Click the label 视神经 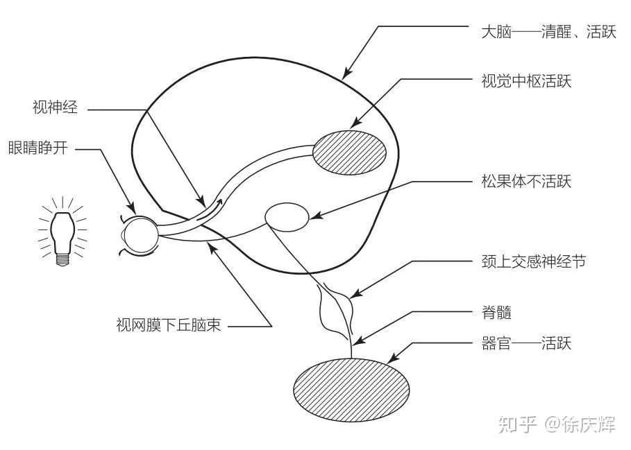coord(55,107)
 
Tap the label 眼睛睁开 coord(37,148)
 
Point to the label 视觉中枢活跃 coord(526,81)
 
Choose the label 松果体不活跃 coord(526,182)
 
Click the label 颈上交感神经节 coord(533,261)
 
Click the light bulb coord(62,229)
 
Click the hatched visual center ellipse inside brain coord(348,154)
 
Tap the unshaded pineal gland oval coord(287,217)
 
